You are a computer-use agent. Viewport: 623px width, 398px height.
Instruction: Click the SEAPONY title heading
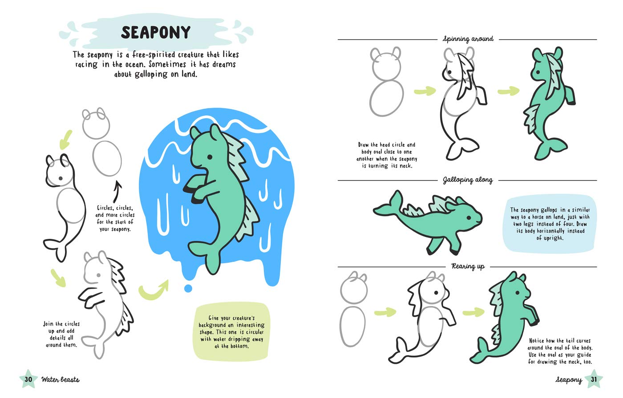[155, 32]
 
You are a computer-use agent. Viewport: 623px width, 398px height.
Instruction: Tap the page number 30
[28, 379]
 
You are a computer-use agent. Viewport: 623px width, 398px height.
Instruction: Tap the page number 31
[594, 379]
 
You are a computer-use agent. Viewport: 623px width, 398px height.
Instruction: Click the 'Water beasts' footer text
[60, 380]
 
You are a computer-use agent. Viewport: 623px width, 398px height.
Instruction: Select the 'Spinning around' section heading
[468, 39]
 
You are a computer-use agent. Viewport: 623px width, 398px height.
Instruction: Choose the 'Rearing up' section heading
[468, 267]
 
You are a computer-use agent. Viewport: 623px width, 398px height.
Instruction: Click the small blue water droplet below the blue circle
[188, 288]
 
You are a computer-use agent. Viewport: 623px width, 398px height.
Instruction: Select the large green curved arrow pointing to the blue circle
[154, 290]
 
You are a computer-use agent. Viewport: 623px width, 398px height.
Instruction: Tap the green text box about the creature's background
[231, 331]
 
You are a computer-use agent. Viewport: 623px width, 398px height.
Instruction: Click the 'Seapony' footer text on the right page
[568, 380]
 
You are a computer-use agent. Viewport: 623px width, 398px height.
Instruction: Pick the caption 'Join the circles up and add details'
[61, 334]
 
